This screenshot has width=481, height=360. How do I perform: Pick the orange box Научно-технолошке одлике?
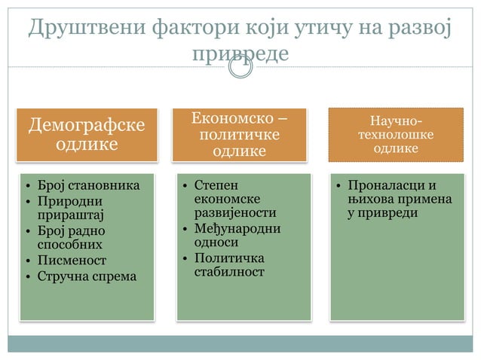click(396, 134)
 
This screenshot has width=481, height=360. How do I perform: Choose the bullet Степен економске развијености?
click(234, 198)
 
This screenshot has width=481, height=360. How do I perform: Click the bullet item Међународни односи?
click(237, 235)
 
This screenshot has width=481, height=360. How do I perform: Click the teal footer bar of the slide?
click(240, 343)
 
